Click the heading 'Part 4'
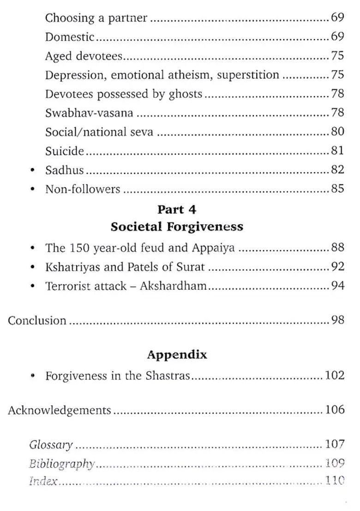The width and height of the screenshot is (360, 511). coord(177,209)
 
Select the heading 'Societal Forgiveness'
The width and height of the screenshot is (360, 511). coord(177,227)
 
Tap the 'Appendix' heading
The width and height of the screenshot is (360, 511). coord(177,355)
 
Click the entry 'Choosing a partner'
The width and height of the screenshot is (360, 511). coord(96,18)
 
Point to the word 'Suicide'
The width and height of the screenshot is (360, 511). coord(65,151)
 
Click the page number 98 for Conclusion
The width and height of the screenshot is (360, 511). coord(337,320)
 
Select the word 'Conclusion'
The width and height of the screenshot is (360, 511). coord(37,320)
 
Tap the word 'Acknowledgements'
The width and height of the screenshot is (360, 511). coord(60,410)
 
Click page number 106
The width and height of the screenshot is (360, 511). coord(335,410)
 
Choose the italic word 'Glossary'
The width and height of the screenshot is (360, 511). coord(51,445)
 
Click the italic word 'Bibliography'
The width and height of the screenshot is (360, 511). coord(62,463)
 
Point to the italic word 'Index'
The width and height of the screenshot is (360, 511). coord(43,481)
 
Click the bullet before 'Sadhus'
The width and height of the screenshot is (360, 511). coord(32,170)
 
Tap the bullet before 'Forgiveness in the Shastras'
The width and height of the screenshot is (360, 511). coord(32,376)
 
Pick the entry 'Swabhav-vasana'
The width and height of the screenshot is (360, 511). coord(90,113)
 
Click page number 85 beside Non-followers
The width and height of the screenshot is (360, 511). coord(337,189)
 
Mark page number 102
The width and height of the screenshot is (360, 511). coord(335,375)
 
